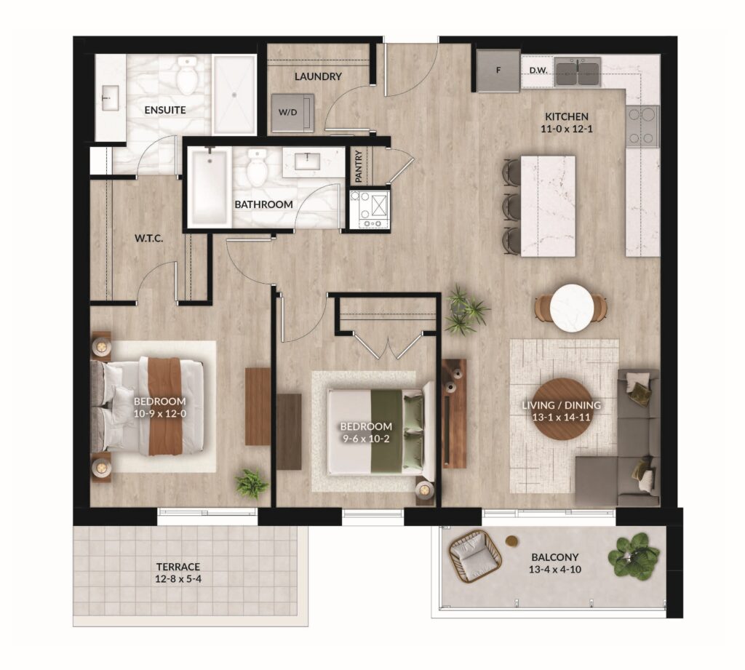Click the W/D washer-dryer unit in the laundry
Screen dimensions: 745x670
[x=292, y=113]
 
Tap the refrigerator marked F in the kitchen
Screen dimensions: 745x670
[x=498, y=71]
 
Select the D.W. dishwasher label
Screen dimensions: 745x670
[x=538, y=71]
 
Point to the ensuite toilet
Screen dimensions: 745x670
[x=187, y=75]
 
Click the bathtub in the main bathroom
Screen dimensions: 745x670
[x=210, y=187]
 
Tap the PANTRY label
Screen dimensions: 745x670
[x=359, y=167]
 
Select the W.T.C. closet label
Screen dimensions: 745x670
[x=148, y=238]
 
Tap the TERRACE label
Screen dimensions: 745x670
[x=178, y=567]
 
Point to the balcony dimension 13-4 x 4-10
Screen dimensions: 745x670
[x=555, y=570]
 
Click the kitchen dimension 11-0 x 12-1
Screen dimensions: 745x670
[x=567, y=129]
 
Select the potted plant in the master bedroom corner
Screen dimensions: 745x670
[x=251, y=483]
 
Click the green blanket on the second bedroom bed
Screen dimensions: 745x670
[x=387, y=431]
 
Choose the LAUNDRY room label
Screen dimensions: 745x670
[x=318, y=76]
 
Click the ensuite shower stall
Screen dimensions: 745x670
[x=234, y=94]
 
